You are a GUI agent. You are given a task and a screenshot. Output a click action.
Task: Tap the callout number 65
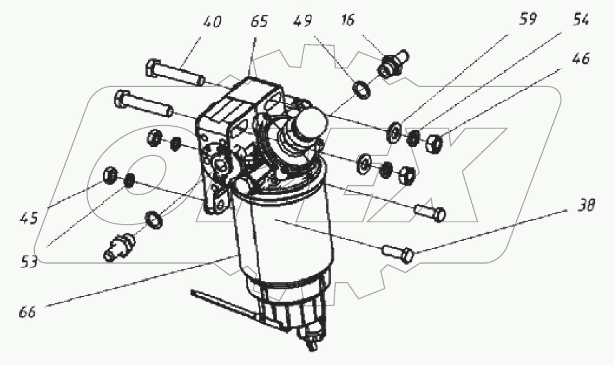click(x=258, y=21)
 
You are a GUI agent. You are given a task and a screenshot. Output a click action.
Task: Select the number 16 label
click(x=347, y=19)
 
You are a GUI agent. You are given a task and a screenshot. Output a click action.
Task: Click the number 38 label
click(x=586, y=205)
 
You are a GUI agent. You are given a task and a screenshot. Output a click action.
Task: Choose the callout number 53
click(x=29, y=261)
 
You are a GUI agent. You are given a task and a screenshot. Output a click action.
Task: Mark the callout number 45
click(x=29, y=218)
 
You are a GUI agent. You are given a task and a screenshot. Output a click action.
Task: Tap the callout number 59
click(x=528, y=19)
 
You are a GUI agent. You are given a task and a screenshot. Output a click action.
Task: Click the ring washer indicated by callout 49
click(x=362, y=89)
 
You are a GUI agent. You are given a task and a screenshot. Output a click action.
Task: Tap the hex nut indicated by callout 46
click(x=434, y=143)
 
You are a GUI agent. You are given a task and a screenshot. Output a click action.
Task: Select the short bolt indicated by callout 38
click(x=397, y=253)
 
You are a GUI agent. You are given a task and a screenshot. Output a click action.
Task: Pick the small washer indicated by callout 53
click(x=129, y=181)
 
